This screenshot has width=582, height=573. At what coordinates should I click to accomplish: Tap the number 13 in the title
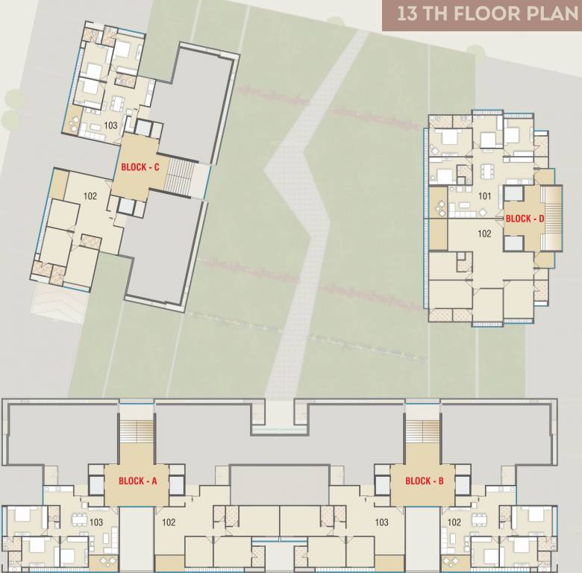tap(407, 14)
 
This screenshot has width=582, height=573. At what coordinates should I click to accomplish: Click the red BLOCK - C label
tap(136, 168)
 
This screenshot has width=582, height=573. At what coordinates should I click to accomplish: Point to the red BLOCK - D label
tap(525, 219)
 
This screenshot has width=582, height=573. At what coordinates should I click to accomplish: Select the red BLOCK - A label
tap(137, 481)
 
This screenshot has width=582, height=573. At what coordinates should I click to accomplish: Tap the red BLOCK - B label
tap(424, 481)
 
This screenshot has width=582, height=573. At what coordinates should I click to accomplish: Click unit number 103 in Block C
tap(111, 125)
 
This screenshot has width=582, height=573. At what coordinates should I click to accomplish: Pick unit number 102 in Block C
tap(90, 196)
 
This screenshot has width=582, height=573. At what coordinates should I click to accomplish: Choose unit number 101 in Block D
tap(484, 197)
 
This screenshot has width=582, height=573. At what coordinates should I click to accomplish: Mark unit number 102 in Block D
tap(484, 234)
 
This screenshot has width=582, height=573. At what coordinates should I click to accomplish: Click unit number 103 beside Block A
tap(96, 522)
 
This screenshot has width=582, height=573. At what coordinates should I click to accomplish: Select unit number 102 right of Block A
tap(169, 522)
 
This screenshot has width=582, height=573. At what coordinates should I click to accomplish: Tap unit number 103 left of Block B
tap(382, 522)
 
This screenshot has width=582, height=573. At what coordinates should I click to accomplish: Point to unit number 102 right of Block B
tap(454, 522)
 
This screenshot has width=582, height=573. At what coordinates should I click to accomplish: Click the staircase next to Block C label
tap(179, 177)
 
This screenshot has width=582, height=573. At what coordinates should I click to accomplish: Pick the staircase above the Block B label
tap(422, 433)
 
